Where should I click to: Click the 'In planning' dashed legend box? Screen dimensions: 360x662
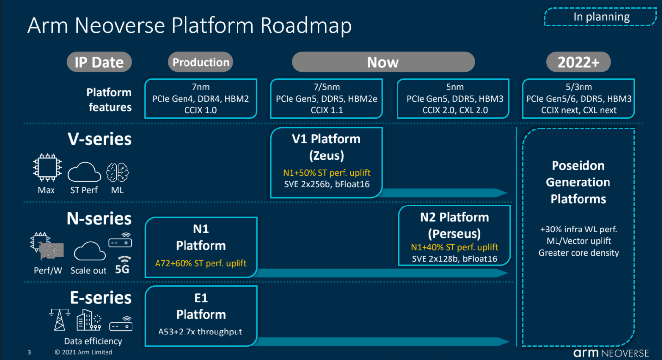(600, 17)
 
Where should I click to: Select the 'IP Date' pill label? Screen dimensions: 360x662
(99, 62)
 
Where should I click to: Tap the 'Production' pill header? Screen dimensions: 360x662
(201, 62)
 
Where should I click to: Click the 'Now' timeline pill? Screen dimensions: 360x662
(383, 62)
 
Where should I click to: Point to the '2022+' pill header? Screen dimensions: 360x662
(578, 62)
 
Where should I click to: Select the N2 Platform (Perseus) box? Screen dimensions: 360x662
(454, 236)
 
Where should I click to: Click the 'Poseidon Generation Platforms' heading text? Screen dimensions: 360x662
(578, 182)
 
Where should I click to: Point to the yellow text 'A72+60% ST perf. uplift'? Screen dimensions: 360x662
(201, 263)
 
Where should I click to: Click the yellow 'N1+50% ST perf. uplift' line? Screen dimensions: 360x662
(326, 173)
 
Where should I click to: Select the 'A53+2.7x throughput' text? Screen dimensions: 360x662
(200, 332)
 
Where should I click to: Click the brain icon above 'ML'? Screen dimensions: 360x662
(118, 172)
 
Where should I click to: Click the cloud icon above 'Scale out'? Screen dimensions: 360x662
(89, 252)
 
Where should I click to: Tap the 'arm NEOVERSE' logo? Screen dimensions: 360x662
(610, 353)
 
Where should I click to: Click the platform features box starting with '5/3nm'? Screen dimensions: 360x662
(578, 99)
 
